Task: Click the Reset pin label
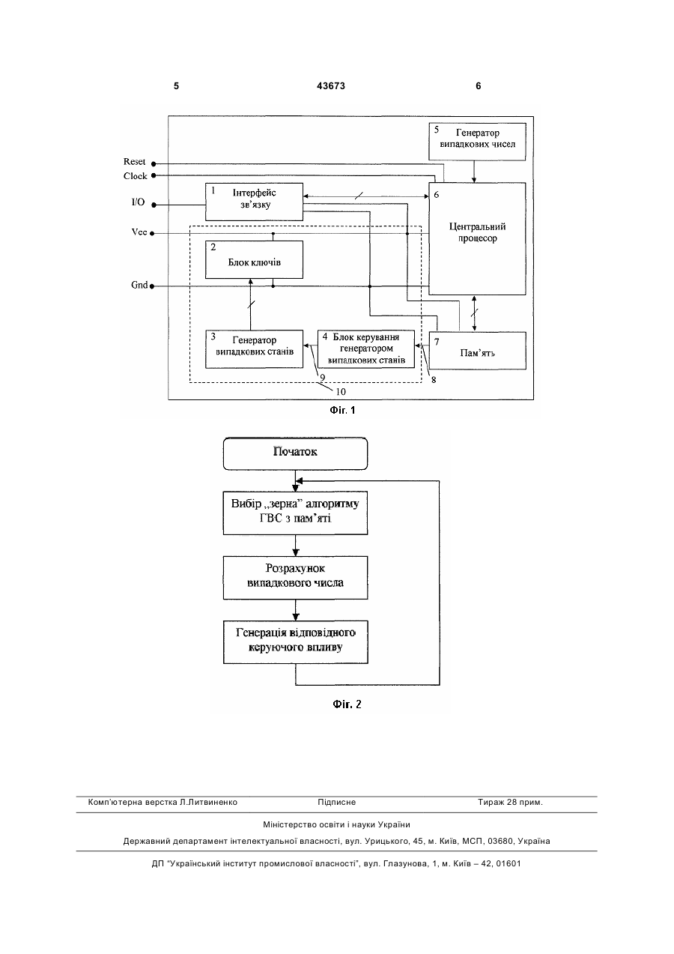[x=135, y=161]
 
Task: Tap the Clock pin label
[x=136, y=176]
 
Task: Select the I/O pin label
[x=138, y=202]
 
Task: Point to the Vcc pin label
[x=139, y=232]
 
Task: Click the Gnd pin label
[x=139, y=285]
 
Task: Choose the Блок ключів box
[x=254, y=260]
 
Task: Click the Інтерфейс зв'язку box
[x=254, y=202]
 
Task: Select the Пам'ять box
[x=478, y=351]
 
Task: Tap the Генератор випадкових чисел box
[x=478, y=142]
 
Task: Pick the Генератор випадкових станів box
[x=254, y=348]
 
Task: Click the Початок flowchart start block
[x=295, y=453]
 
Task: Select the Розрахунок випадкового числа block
[x=295, y=578]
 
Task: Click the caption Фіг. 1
[x=342, y=410]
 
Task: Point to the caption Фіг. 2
[x=347, y=704]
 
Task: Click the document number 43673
[x=331, y=86]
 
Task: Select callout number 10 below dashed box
[x=341, y=392]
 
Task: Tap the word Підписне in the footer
[x=336, y=803]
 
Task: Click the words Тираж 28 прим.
[x=510, y=803]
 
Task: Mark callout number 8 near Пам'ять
[x=434, y=380]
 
